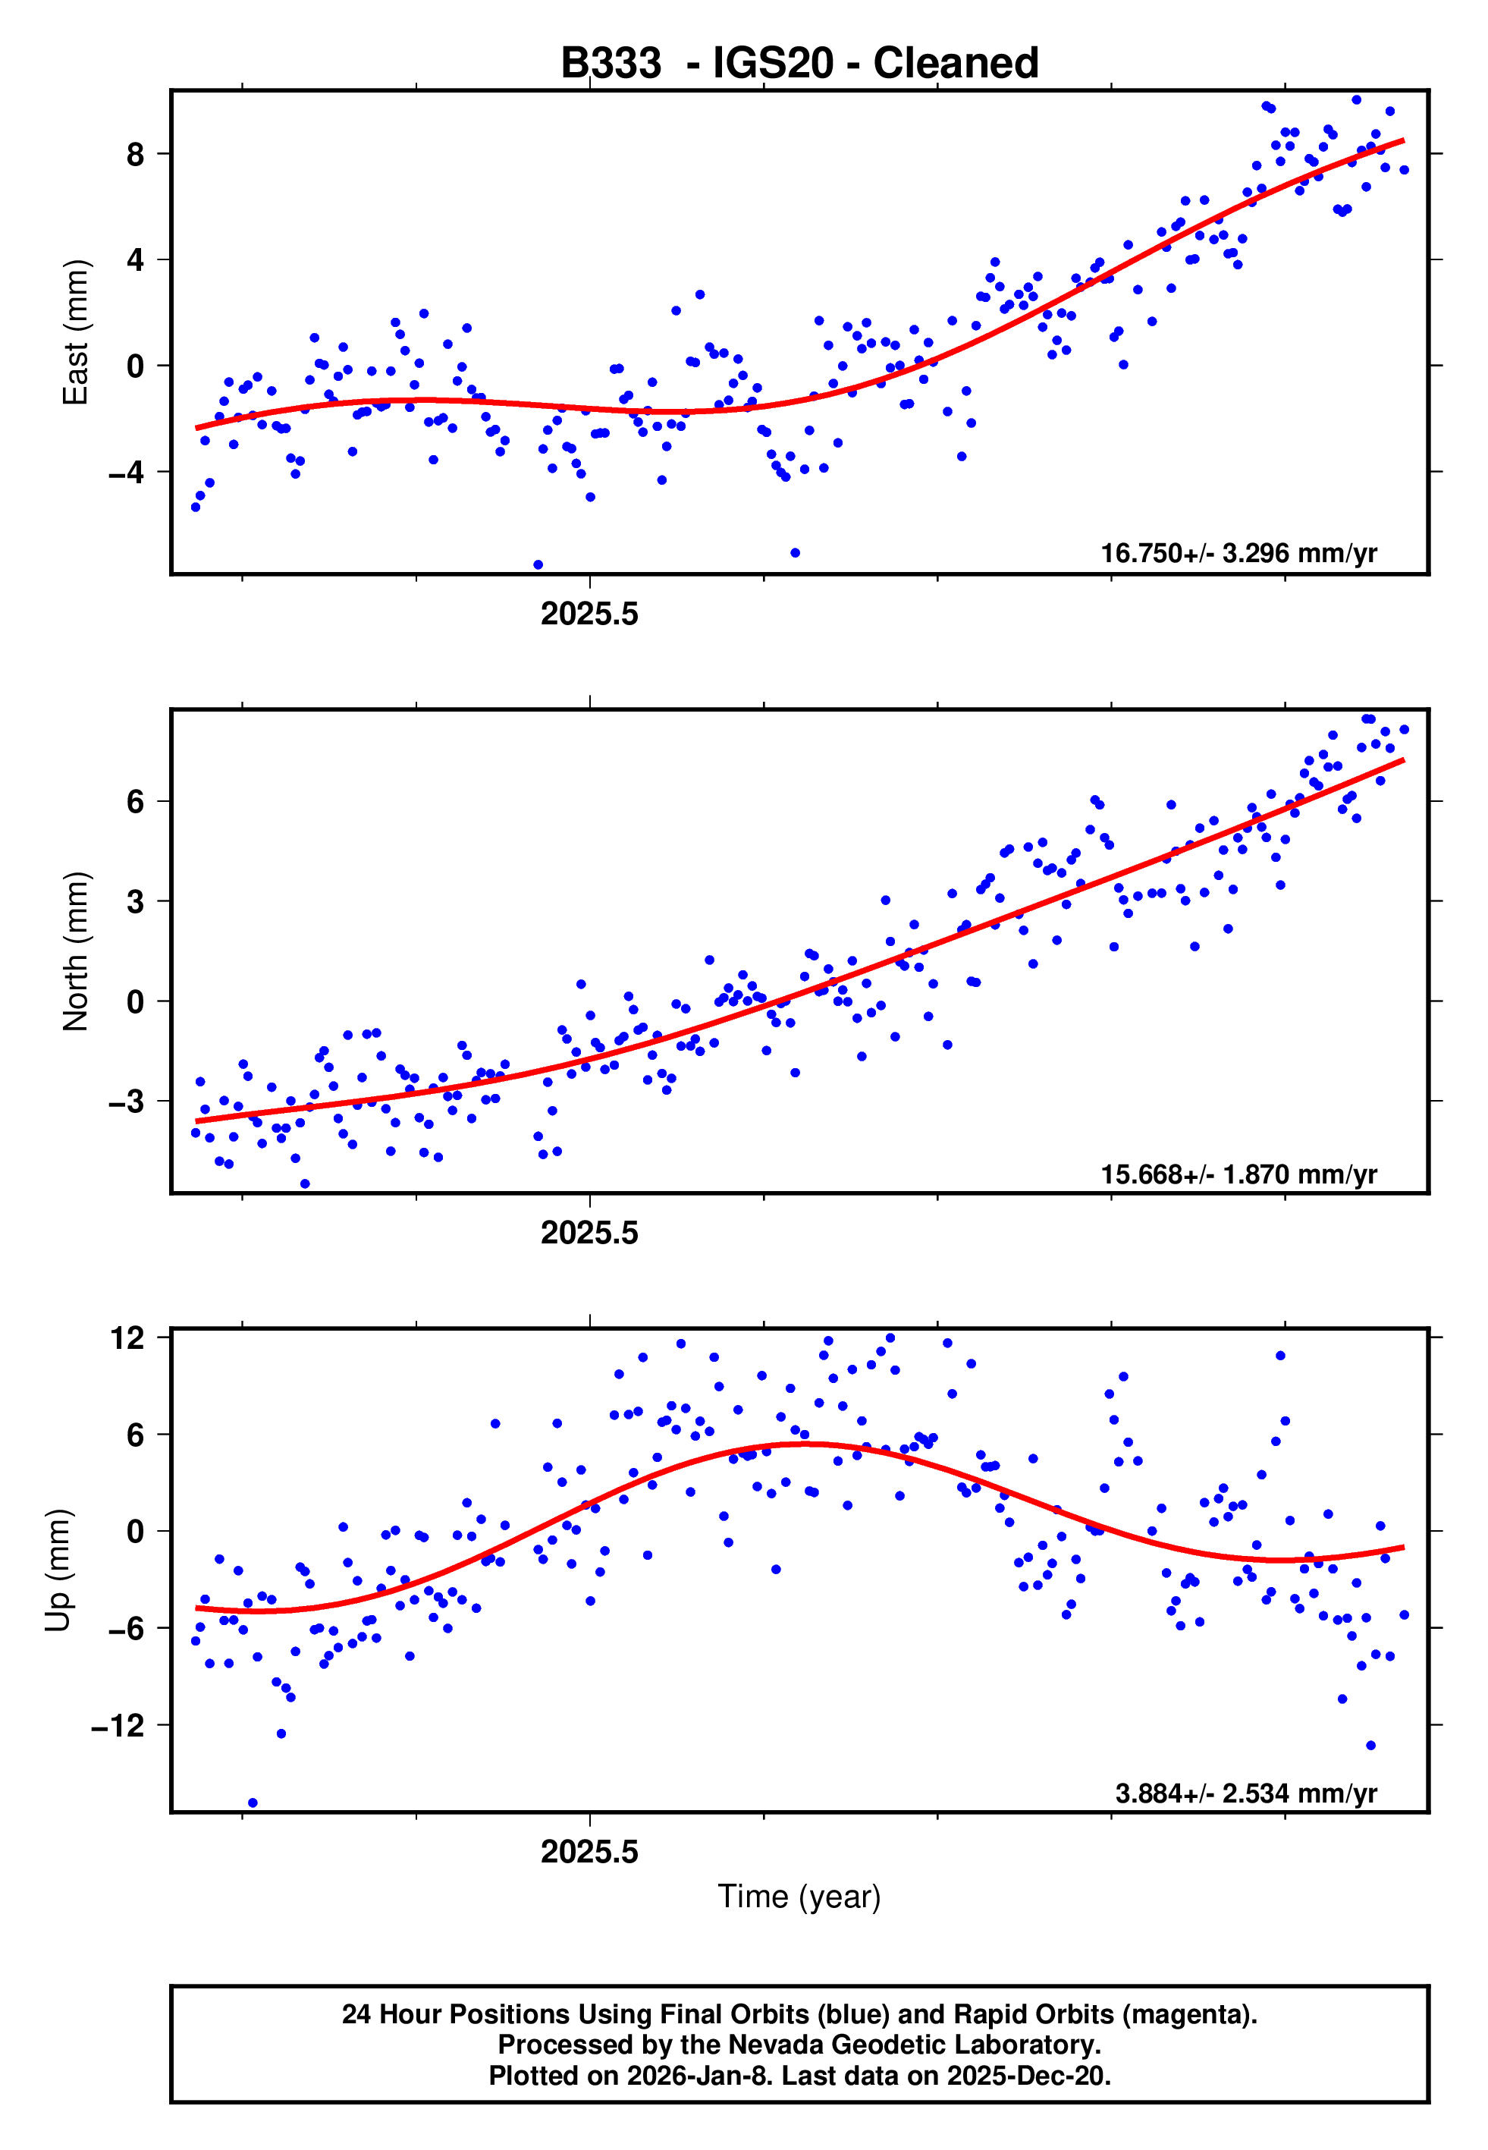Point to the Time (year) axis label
point(799,1897)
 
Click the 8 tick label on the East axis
point(136,154)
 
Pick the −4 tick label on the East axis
point(126,473)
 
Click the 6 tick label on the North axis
point(136,801)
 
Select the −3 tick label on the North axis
point(126,1101)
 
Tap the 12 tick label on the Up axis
point(127,1338)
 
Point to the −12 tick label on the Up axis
point(118,1726)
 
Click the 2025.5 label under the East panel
point(589,615)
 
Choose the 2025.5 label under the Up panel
point(589,1852)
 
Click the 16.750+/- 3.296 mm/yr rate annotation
point(1238,553)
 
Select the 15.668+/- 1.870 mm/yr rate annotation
point(1238,1174)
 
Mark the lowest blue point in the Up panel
point(253,1803)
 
